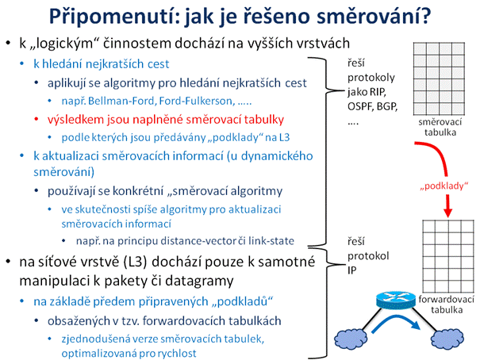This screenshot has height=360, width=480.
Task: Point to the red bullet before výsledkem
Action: click(36, 119)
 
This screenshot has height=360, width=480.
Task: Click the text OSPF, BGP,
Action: click(372, 106)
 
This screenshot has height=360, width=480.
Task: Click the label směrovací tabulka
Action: click(440, 127)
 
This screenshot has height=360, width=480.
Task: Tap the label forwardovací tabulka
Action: click(447, 304)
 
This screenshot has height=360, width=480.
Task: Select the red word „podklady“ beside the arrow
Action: click(444, 186)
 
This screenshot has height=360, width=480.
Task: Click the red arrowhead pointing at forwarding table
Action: click(447, 213)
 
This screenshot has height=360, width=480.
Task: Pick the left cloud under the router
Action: click(351, 339)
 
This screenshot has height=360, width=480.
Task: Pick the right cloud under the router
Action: click(447, 339)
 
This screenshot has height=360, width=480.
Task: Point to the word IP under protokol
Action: click(352, 270)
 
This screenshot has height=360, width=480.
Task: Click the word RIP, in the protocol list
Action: click(378, 92)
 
